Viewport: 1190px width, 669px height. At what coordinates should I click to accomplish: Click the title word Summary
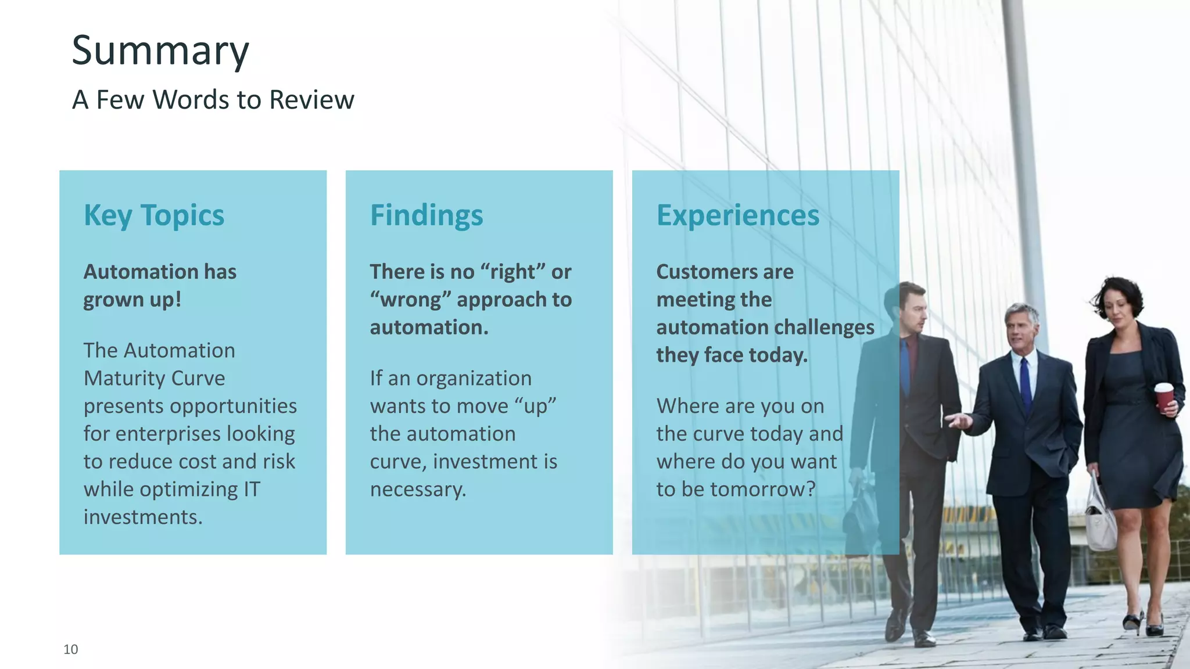pyautogui.click(x=160, y=51)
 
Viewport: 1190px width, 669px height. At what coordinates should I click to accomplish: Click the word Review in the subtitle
pyautogui.click(x=311, y=100)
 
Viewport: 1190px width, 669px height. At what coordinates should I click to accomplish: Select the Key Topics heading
pyautogui.click(x=154, y=215)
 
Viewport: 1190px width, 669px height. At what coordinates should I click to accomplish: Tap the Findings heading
pyautogui.click(x=426, y=215)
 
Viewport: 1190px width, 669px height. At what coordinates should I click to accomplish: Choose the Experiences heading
pyautogui.click(x=738, y=215)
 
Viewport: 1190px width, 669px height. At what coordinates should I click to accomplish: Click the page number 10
pyautogui.click(x=71, y=649)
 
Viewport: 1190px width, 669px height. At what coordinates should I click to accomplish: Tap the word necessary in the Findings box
pyautogui.click(x=417, y=490)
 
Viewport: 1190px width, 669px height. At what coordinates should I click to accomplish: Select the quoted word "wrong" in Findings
pyautogui.click(x=411, y=300)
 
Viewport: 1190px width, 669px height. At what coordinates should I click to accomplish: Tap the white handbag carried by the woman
pyautogui.click(x=1099, y=520)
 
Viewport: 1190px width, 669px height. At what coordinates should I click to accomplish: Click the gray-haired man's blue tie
pyautogui.click(x=1026, y=384)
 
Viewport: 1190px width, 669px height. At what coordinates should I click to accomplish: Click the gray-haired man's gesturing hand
pyautogui.click(x=958, y=420)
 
